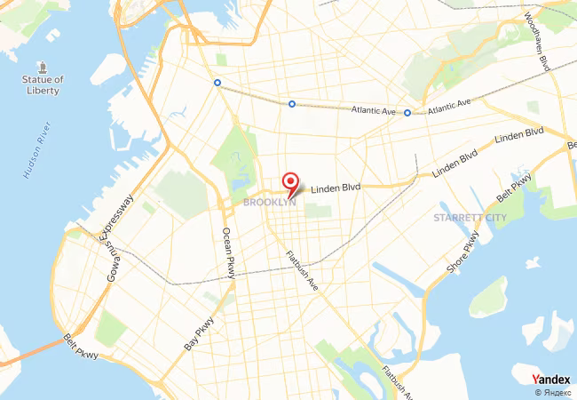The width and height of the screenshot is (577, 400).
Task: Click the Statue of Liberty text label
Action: click(x=43, y=85)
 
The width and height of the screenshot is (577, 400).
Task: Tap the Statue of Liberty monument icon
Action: click(x=43, y=68)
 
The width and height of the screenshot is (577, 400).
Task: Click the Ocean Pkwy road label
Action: click(x=228, y=254)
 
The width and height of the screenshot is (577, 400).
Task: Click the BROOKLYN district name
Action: click(x=269, y=203)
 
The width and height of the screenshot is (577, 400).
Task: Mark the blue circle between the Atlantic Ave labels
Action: click(x=407, y=113)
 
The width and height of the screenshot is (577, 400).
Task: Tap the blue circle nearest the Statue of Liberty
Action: click(x=217, y=83)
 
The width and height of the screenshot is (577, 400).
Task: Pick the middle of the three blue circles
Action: click(x=291, y=104)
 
